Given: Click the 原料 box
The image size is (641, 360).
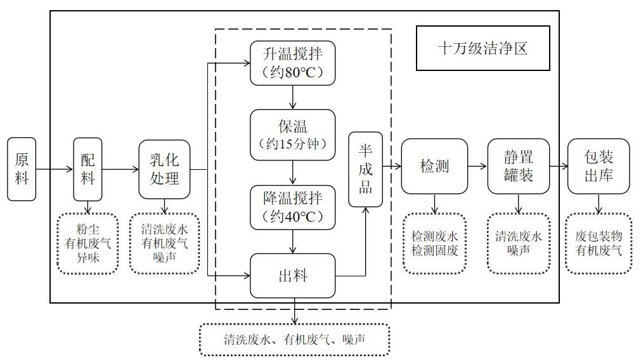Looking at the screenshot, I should (22, 169).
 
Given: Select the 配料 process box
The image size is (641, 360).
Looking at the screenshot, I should (87, 169).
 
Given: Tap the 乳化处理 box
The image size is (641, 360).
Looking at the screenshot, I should (164, 169).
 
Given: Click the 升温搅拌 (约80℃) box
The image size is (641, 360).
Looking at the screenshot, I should (292, 63).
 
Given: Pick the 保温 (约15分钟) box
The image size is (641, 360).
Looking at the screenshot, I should (292, 134).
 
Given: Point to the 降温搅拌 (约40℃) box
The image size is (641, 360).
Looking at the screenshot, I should (292, 206).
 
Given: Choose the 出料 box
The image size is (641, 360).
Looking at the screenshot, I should (292, 276).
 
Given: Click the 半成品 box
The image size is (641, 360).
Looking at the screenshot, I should (366, 169).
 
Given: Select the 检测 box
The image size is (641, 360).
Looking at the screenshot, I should (434, 166).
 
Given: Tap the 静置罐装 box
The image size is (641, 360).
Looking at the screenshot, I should (519, 166).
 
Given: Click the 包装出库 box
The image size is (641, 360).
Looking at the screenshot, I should (598, 166).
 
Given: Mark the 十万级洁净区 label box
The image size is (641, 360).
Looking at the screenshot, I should (482, 48).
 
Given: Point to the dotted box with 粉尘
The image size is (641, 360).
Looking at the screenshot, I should (87, 243).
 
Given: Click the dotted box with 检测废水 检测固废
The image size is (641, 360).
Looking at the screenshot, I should (434, 243).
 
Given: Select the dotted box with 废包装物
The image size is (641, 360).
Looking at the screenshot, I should (598, 243).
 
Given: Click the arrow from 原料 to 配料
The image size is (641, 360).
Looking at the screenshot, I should (55, 169).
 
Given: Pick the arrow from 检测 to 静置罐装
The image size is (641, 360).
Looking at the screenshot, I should (477, 166).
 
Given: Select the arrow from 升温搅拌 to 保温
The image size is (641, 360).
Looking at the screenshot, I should (292, 97).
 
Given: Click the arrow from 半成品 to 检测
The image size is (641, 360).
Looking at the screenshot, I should (392, 166).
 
